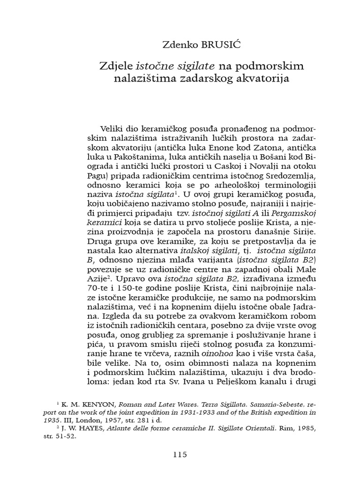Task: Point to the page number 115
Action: point(180,454)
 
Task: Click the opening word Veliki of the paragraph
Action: point(113,128)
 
